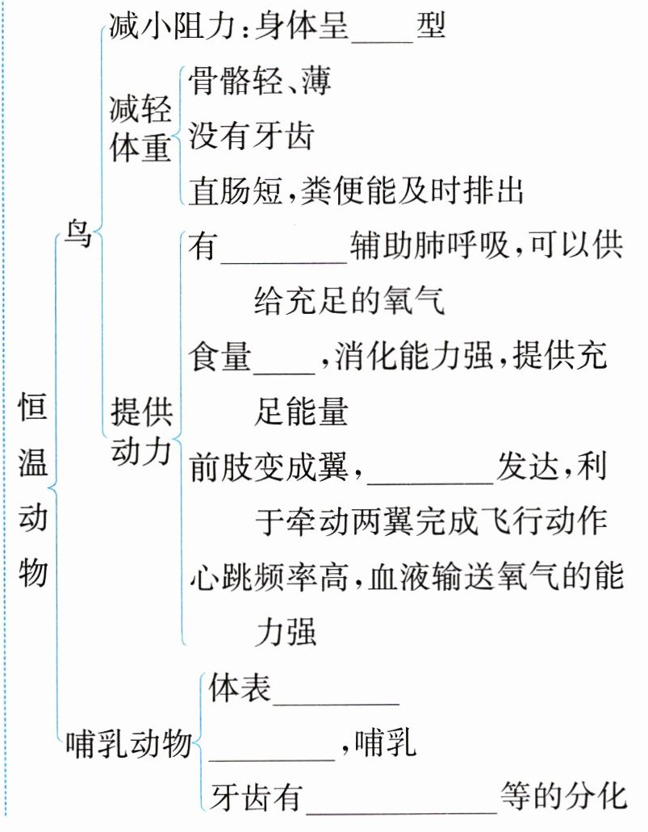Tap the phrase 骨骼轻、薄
click(x=260, y=82)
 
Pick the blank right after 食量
click(x=284, y=360)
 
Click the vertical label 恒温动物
click(x=33, y=491)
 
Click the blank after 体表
click(x=337, y=691)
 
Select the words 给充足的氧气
click(x=349, y=303)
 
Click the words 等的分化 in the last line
click(x=562, y=796)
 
